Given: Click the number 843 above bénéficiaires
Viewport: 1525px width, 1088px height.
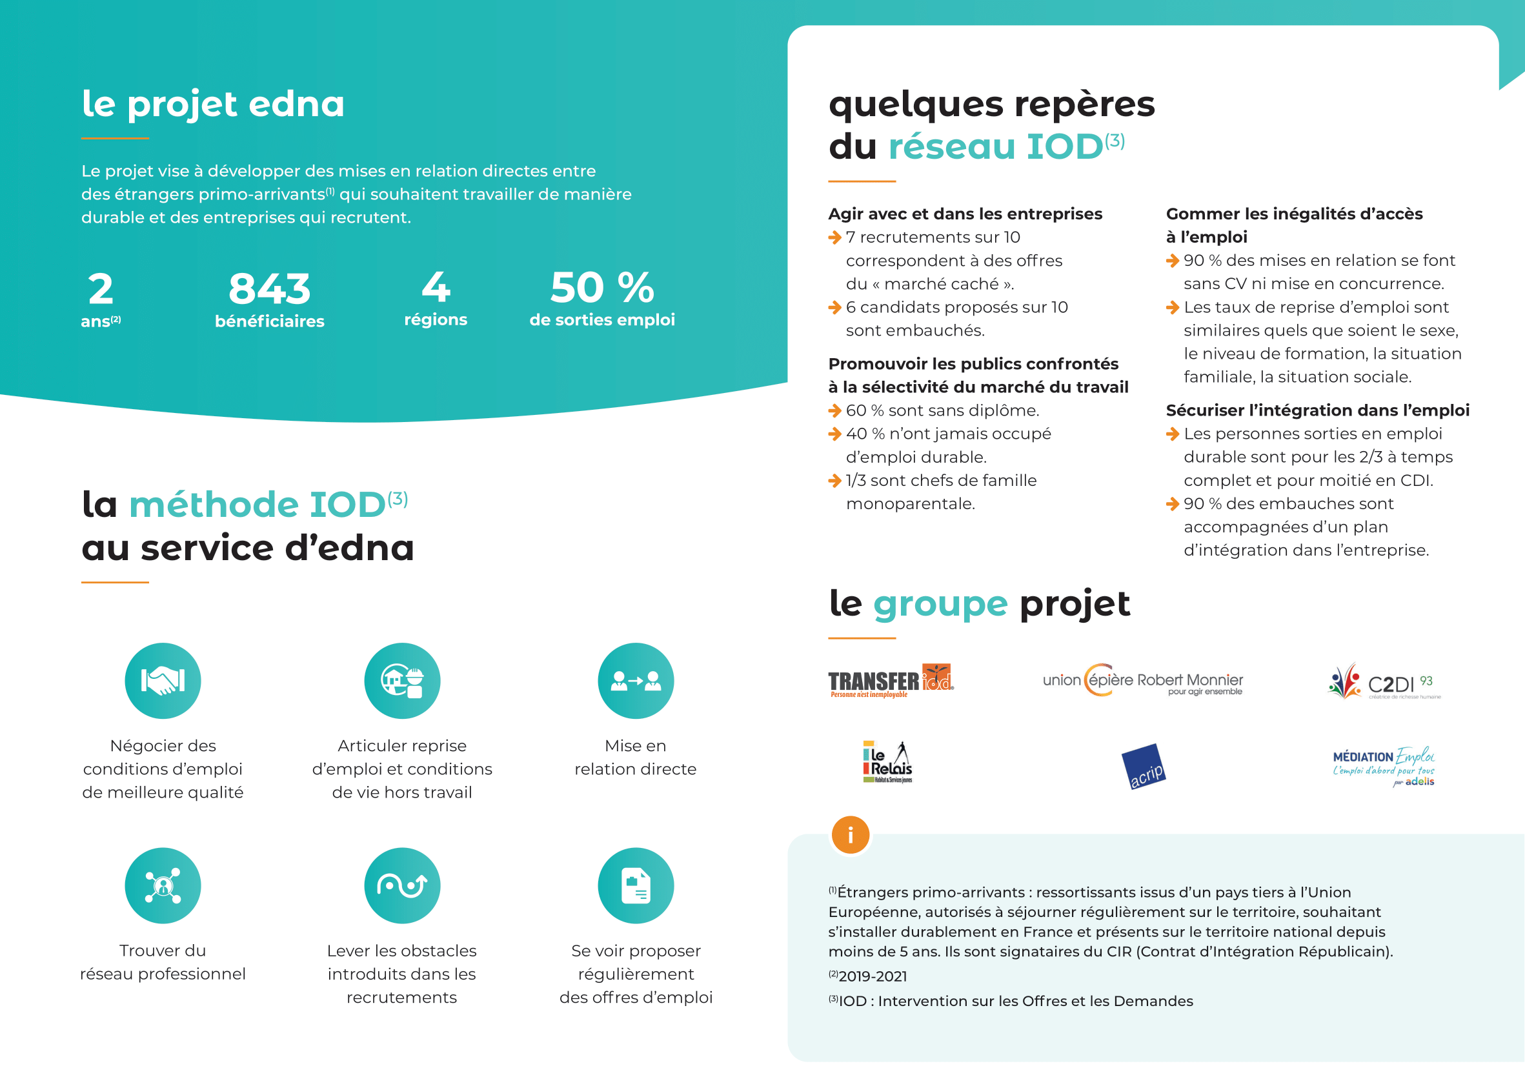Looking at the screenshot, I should coord(269,288).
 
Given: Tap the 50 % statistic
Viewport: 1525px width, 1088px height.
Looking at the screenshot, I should coord(601,288).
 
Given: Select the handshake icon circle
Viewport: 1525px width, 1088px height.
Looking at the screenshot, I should coord(163,681).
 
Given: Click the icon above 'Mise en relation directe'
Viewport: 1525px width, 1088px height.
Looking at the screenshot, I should coord(635,681).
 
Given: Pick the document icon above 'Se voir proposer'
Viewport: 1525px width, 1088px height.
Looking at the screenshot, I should coord(635,885).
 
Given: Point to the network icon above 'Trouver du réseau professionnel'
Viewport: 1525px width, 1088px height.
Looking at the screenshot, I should coord(163,885).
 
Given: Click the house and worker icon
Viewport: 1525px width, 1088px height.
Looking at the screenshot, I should coord(402,681).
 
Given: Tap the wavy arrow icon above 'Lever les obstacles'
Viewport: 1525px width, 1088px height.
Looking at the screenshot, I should coord(402,885).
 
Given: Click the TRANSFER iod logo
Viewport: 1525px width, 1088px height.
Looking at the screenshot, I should coord(891,681).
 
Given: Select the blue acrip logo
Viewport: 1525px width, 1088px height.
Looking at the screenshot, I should coord(1144,767).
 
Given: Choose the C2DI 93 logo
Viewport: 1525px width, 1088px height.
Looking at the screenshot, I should coord(1384,682).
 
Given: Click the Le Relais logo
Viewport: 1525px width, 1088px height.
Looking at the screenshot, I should coord(888,762).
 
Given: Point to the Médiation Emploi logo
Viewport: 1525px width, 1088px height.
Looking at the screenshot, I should coord(1384,767).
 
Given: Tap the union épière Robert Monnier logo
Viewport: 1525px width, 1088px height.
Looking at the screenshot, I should coord(1142,681).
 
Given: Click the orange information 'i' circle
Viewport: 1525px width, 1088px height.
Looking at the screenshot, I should coord(851,835).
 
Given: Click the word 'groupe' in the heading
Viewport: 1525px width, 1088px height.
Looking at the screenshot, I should coord(940,603).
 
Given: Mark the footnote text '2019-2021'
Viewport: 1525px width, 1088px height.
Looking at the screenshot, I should coord(873,976).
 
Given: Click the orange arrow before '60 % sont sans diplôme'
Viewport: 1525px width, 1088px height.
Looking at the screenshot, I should coord(835,410).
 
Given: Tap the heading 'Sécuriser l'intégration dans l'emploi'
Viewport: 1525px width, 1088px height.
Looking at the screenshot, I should coord(1317,410).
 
